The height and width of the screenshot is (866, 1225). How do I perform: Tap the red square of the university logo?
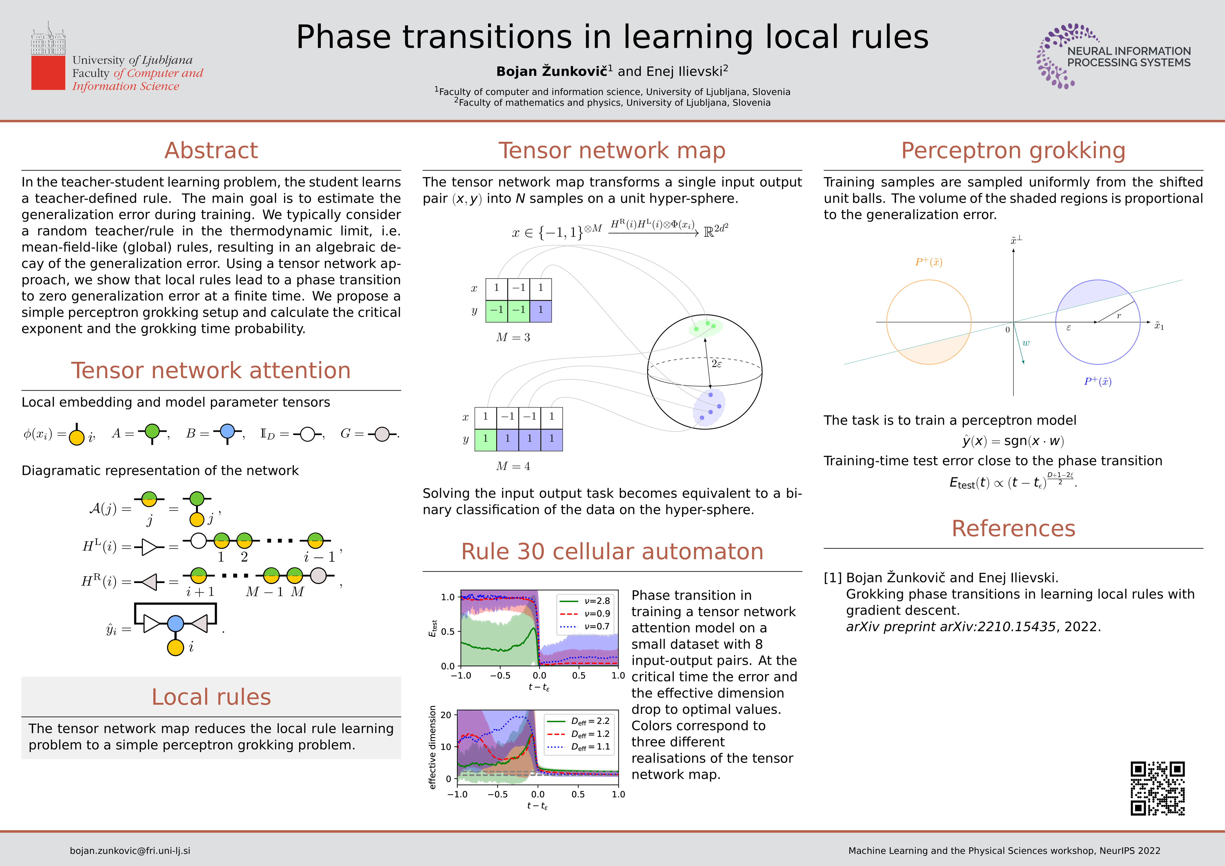tap(48, 72)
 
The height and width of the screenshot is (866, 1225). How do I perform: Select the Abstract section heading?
tap(211, 150)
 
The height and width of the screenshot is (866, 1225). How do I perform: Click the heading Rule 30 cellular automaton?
tap(612, 551)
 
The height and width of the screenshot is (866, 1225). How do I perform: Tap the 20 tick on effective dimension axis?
tap(446, 714)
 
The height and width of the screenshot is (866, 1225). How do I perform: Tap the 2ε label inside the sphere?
tap(717, 364)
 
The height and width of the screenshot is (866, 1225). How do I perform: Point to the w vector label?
tap(1026, 343)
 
